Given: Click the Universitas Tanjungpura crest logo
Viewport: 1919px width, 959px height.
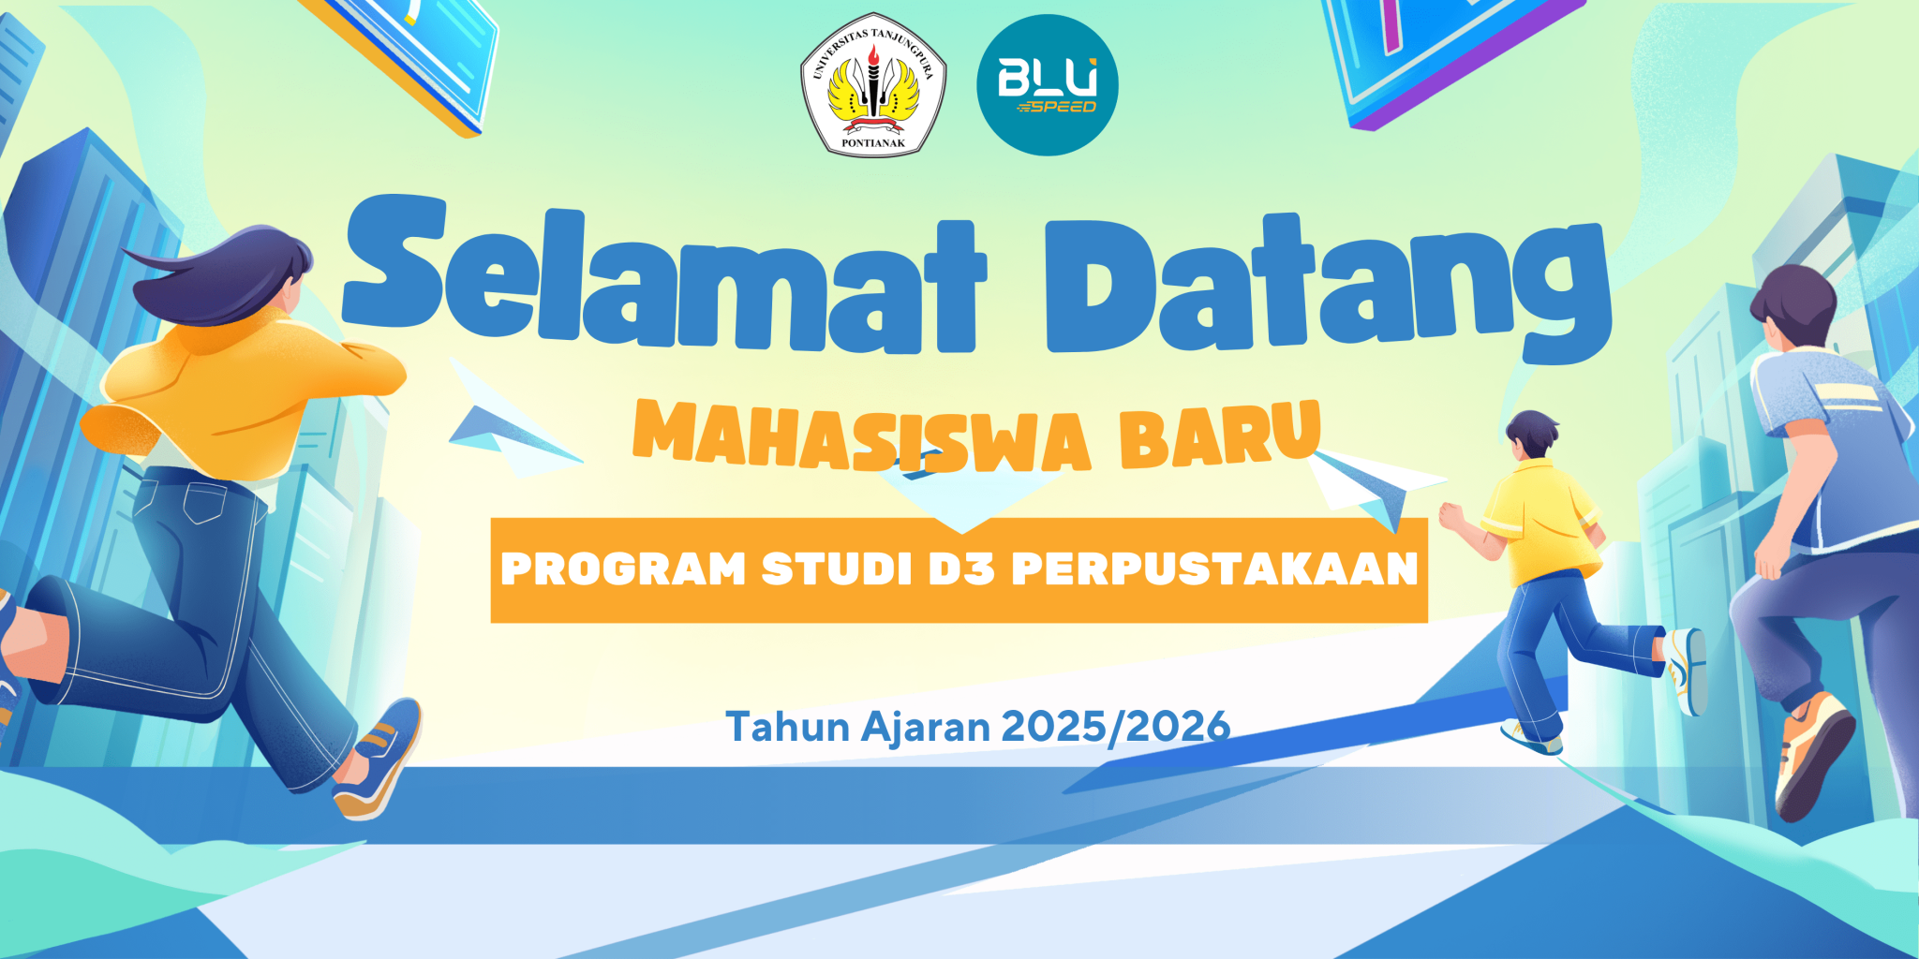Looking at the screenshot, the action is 873,84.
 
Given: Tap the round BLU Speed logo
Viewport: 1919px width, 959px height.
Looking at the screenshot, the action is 1048,84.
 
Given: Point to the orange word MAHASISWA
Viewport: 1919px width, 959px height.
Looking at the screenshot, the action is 862,435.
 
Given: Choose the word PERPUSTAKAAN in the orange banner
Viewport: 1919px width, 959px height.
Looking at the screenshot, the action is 1214,568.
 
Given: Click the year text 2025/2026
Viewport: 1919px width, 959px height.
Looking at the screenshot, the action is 1116,727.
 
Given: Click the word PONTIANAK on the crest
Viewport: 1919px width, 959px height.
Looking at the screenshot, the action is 873,143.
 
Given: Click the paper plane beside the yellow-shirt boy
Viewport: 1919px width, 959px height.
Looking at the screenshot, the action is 1373,487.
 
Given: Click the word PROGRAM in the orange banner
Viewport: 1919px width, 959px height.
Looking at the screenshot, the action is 623,568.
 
